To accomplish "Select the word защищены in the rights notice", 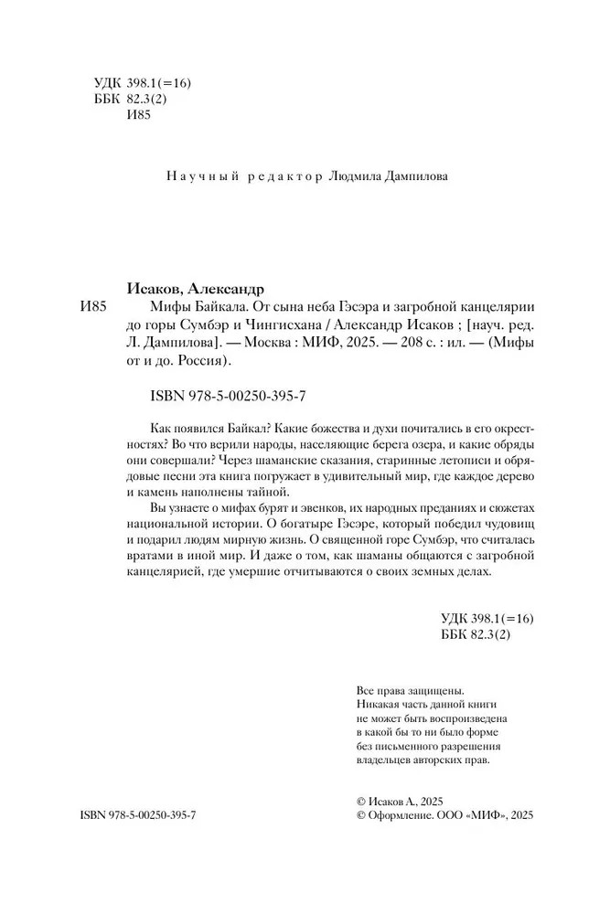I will point(434,690).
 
